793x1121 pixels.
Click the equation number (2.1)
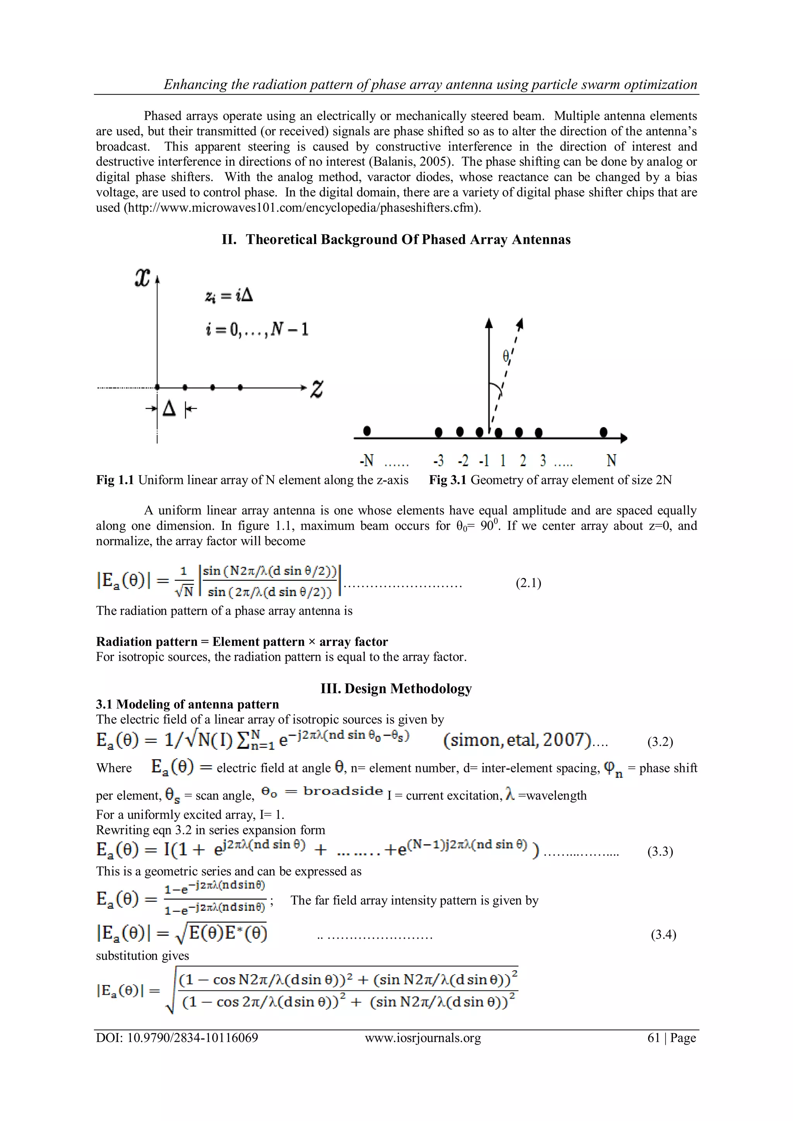tap(528, 583)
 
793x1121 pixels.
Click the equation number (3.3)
tap(660, 851)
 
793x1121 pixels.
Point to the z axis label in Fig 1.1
tap(317, 389)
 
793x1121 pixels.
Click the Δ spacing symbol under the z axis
tap(169, 408)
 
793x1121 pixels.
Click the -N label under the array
tap(366, 460)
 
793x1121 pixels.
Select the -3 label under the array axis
tap(438, 460)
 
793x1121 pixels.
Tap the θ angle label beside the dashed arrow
tap(506, 357)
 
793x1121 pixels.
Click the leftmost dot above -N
tap(367, 431)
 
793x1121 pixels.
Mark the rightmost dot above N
tap(604, 432)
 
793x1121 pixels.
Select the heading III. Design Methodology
tap(396, 688)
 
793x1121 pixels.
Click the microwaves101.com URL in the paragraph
tap(303, 208)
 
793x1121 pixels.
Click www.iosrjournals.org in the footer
tap(423, 1037)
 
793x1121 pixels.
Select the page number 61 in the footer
tap(654, 1037)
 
